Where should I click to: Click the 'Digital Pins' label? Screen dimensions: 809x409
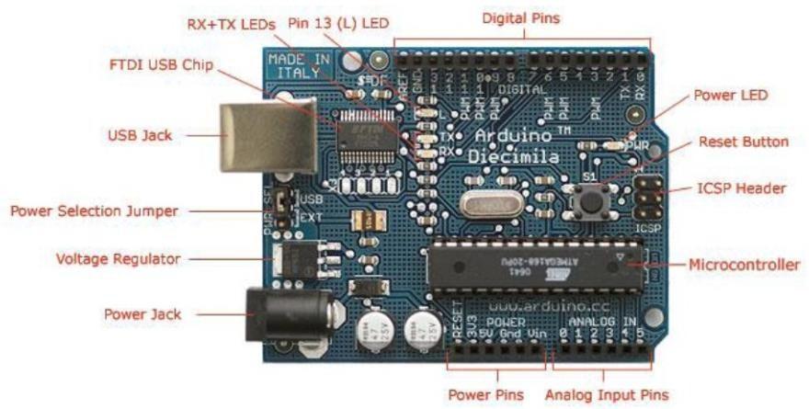pos(520,17)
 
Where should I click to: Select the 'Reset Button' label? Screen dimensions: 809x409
pos(743,142)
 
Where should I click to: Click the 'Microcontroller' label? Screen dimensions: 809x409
pos(744,265)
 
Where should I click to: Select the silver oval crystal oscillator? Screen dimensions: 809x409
pos(486,205)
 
